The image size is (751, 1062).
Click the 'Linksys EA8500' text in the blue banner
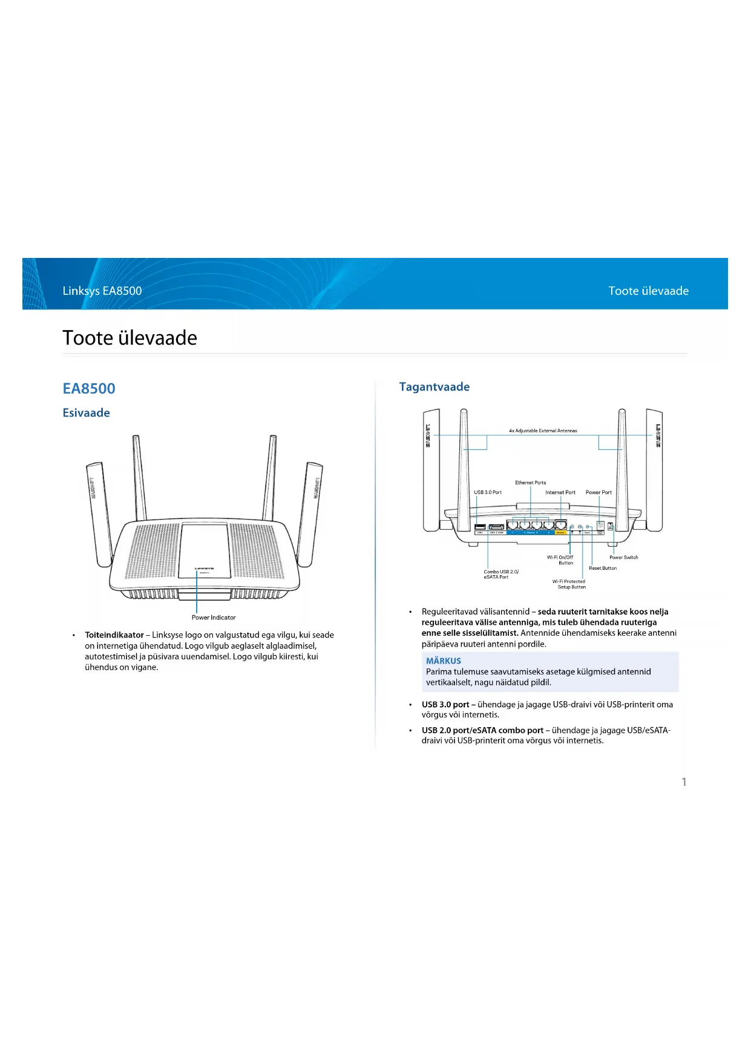click(102, 291)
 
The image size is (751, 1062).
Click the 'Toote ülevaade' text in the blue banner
click(648, 291)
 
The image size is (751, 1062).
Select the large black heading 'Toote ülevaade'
click(130, 338)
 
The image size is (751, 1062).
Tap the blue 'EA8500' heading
click(89, 389)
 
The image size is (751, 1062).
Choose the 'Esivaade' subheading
click(87, 413)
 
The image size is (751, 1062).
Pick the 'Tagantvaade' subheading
click(434, 387)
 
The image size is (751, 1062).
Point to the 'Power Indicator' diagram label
click(214, 618)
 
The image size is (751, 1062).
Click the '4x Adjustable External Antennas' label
click(543, 431)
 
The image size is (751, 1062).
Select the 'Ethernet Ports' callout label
click(530, 483)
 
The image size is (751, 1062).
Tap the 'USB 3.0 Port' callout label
click(488, 492)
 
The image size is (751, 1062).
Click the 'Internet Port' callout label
click(560, 492)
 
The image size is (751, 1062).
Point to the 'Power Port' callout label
click(599, 492)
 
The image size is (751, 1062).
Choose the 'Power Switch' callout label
click(623, 557)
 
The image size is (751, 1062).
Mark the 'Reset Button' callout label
click(603, 568)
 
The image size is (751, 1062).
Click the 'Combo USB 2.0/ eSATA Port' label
click(500, 574)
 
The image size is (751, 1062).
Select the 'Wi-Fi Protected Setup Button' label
click(569, 584)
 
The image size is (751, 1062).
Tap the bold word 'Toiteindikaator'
click(114, 635)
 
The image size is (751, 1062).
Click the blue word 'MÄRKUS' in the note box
click(444, 661)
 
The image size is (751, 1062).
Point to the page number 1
click(684, 782)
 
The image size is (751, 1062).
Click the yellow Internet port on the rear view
click(561, 526)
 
